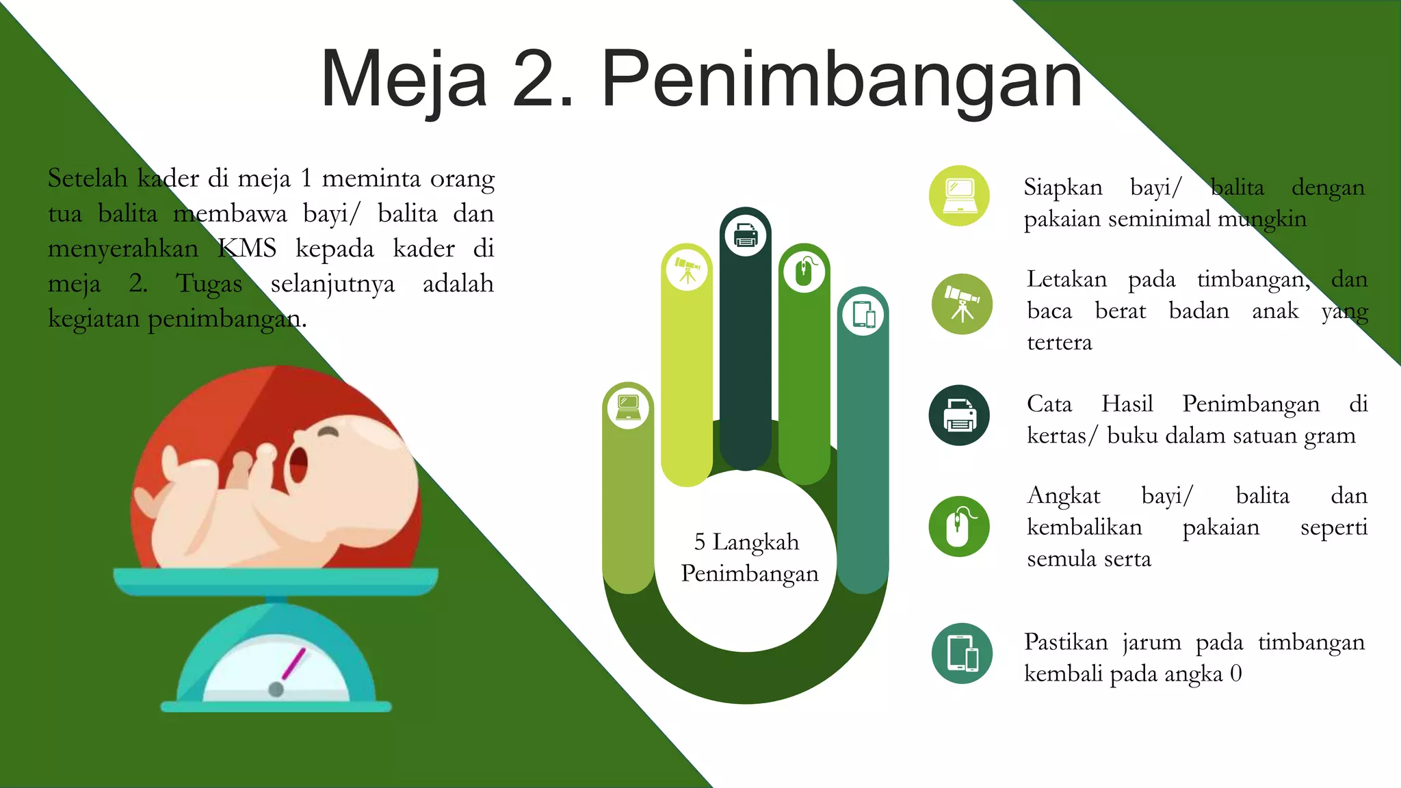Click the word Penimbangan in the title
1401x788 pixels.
[841, 81]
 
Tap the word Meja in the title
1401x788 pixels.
[404, 81]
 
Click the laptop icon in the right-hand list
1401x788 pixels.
[959, 196]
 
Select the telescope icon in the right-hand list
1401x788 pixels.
[962, 304]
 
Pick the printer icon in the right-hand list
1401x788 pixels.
[959, 415]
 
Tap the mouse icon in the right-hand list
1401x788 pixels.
[959, 527]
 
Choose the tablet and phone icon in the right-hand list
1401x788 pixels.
[962, 653]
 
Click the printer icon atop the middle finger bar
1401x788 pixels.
[746, 236]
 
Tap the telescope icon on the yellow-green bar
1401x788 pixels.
[687, 270]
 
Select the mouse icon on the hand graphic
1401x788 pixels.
[804, 272]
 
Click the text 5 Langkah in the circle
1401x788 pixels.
[746, 542]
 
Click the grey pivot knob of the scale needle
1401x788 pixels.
[276, 689]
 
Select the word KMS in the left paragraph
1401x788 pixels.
[247, 248]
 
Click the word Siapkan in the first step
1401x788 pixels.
[1063, 187]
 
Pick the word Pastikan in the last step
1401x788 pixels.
[1066, 642]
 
